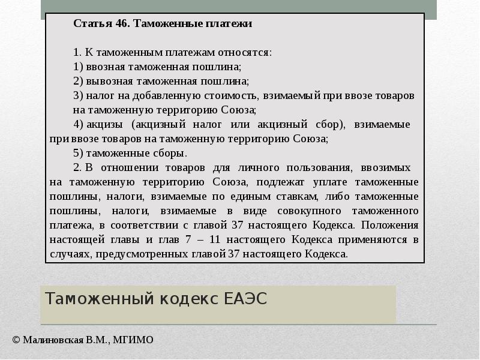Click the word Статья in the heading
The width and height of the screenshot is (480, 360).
pos(93,23)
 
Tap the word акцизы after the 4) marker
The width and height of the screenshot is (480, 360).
pos(104,125)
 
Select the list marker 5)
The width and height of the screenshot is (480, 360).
pos(78,153)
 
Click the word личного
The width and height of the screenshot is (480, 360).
pos(259,168)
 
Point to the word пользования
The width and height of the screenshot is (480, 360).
pos(319,168)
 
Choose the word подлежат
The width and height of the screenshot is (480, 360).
pos(280,182)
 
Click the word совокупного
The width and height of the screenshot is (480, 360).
pos(309,211)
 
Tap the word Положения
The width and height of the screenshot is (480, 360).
pos(389,226)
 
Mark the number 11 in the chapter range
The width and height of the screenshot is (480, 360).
pos(215,239)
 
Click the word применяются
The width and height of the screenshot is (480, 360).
pos(373,240)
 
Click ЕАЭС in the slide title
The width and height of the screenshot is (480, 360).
pos(245,299)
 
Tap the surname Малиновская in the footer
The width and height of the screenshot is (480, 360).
pos(53,340)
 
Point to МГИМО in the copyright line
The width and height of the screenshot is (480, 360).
pos(133,340)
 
